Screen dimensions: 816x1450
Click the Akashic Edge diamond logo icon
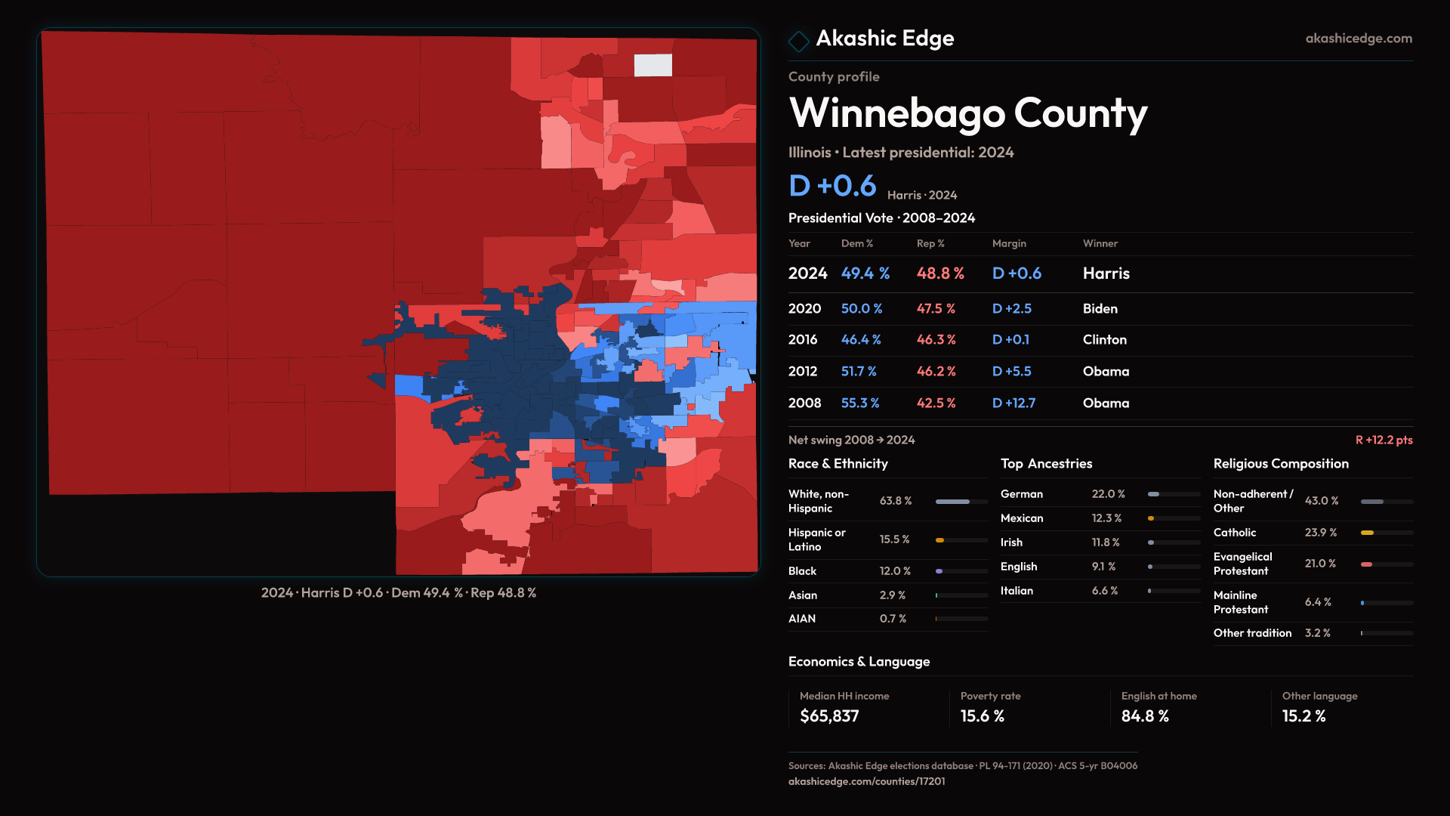(x=798, y=41)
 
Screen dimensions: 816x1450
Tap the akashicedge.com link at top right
(x=1358, y=39)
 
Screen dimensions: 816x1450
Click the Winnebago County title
(x=967, y=113)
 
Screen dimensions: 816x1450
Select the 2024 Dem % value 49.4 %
(x=865, y=274)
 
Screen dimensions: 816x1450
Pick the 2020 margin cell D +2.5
(x=1011, y=309)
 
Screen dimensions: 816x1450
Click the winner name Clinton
(x=1104, y=340)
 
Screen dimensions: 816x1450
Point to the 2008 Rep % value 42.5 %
(x=936, y=403)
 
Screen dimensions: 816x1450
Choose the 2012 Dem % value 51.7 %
(x=859, y=372)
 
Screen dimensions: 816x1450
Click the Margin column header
(x=1009, y=243)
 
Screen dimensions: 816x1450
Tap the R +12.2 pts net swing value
(x=1384, y=440)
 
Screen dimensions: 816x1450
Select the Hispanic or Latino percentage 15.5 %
(x=894, y=539)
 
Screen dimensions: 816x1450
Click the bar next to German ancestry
(x=1174, y=494)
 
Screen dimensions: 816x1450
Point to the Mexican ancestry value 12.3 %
(x=1106, y=518)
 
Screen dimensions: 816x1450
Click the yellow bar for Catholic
(x=1368, y=533)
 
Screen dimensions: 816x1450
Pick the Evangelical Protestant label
(x=1242, y=564)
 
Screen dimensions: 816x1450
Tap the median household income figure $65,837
(x=829, y=716)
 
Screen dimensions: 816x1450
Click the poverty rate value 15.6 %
(x=982, y=716)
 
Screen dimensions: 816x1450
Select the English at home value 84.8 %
(x=1144, y=716)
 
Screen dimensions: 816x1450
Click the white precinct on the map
(x=652, y=65)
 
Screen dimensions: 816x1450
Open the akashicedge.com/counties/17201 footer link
(x=866, y=781)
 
